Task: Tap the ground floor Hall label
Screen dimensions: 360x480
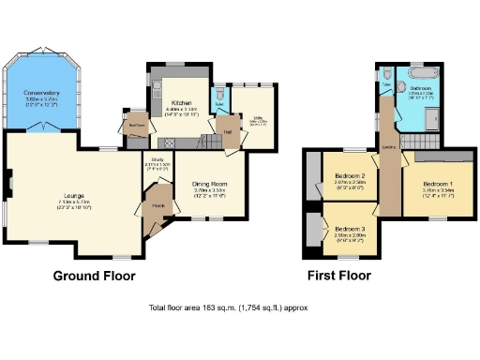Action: coord(228,132)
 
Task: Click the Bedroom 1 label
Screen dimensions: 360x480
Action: coord(438,183)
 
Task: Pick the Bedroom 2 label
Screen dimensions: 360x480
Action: coord(350,175)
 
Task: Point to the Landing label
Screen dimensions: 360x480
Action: coord(387,147)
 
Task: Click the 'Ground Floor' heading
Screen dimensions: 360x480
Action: coord(94,276)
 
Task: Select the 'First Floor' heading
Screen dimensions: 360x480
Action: coord(339,276)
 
